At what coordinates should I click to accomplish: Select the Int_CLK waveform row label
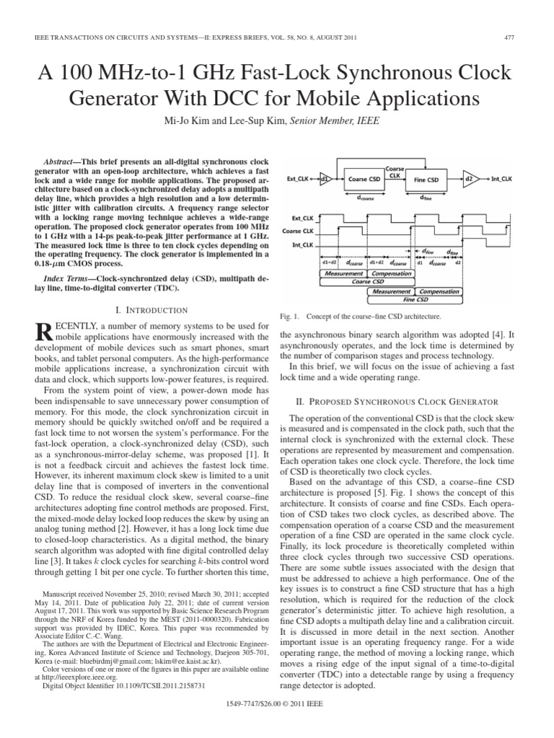(x=303, y=245)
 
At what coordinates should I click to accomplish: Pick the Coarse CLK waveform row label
(x=302, y=231)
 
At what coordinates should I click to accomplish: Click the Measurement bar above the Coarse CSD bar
(x=343, y=274)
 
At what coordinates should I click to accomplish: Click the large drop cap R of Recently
(x=43, y=333)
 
